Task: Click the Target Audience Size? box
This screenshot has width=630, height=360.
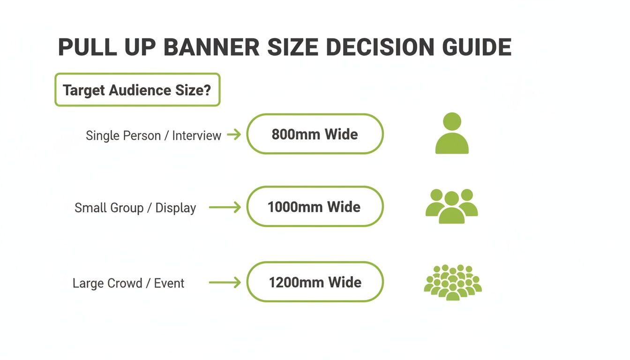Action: coord(137,90)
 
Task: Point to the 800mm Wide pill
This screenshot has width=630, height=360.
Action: coord(315,134)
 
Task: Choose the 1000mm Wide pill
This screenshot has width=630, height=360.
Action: coord(315,207)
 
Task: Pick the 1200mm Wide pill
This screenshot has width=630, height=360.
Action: coord(315,282)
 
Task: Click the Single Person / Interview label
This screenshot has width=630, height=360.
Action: coord(153,135)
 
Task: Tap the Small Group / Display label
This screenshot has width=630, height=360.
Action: coord(135,208)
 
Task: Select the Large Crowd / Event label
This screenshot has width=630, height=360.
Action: coord(128,283)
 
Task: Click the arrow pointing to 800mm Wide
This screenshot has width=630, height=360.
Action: coord(233,135)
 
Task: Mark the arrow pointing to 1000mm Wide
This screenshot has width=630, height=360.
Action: coord(225,207)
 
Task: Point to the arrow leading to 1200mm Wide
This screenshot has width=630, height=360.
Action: coord(225,283)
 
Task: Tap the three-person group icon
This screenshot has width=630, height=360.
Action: coord(451,206)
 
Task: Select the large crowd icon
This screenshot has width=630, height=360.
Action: coord(452,282)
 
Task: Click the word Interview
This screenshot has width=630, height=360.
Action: coord(196,135)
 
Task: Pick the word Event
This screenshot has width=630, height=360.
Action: coord(169,283)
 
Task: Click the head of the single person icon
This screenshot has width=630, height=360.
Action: coord(452,121)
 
